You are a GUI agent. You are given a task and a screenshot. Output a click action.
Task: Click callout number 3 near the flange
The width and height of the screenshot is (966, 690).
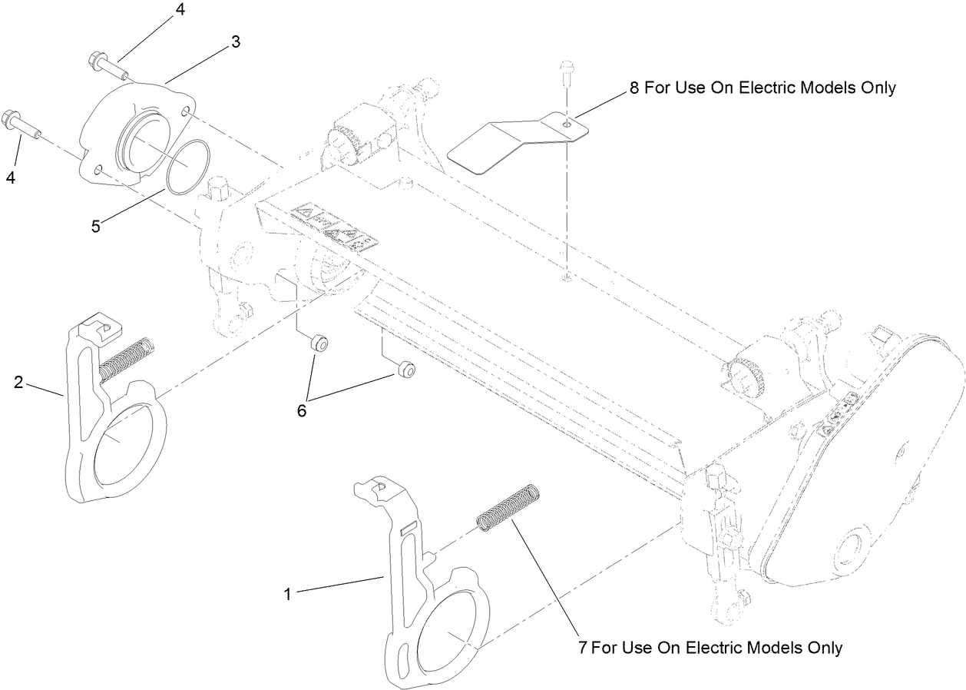[236, 42]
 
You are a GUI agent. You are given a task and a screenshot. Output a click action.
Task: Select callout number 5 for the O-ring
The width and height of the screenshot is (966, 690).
[94, 227]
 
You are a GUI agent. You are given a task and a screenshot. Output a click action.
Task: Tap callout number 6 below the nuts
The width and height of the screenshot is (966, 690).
[302, 411]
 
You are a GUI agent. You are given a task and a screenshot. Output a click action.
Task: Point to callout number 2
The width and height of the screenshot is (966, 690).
[18, 382]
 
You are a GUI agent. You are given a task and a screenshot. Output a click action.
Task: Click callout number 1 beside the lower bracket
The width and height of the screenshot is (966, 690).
[288, 594]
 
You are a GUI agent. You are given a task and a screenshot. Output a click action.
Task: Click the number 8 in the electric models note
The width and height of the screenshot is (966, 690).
[634, 88]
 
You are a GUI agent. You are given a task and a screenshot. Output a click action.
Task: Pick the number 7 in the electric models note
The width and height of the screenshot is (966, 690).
[583, 648]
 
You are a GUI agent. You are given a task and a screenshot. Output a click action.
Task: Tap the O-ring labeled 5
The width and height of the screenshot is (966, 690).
[187, 165]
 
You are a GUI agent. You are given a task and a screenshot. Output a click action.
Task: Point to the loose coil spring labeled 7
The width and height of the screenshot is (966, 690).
[507, 508]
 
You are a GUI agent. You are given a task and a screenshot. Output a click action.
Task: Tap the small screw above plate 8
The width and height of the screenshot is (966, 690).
[567, 71]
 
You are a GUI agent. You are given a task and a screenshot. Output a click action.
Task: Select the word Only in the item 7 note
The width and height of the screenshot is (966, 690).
[825, 648]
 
